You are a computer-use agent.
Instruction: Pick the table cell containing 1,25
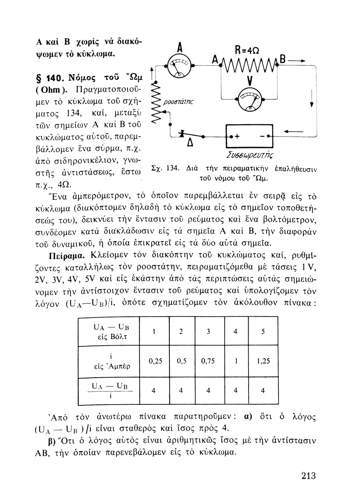click(x=264, y=361)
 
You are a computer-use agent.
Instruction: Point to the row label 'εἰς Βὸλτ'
click(x=111, y=337)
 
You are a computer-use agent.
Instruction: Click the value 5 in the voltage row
click(x=263, y=332)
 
